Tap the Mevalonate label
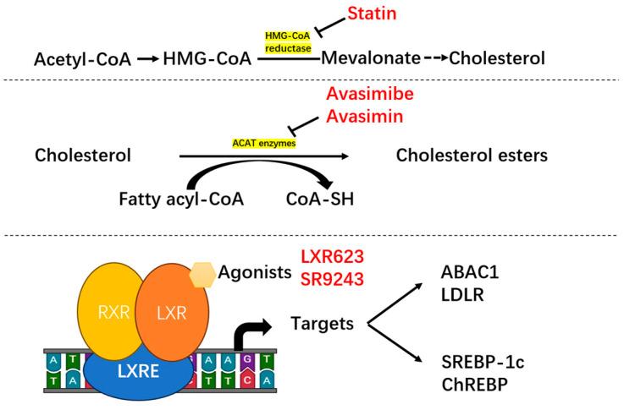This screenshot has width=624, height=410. click(x=371, y=58)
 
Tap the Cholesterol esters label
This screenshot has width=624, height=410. click(x=472, y=156)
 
